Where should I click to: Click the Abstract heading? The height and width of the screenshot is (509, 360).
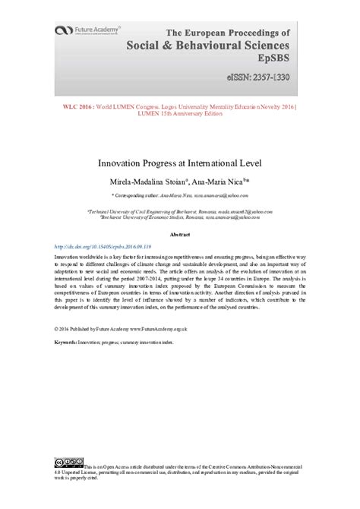(180, 236)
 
